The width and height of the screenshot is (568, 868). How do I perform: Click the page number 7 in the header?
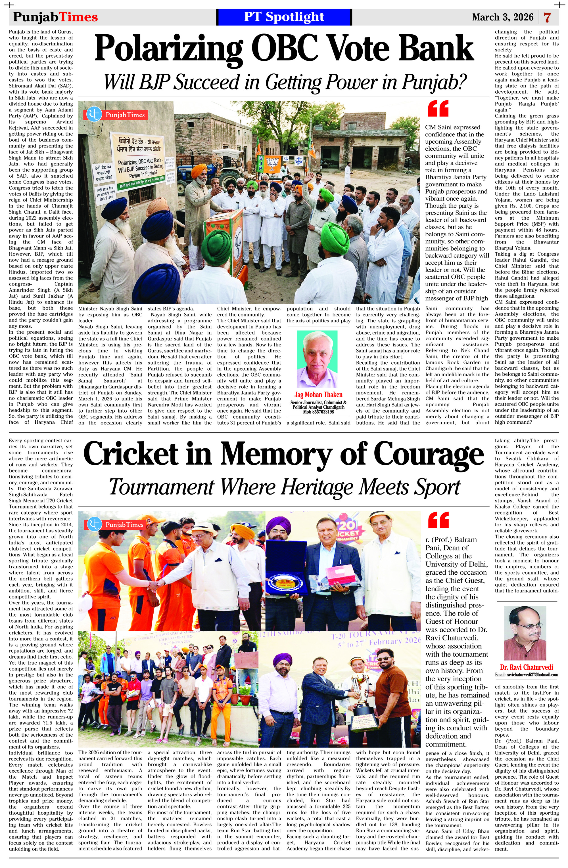coord(547,17)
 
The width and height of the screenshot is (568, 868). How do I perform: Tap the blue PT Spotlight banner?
coord(284,17)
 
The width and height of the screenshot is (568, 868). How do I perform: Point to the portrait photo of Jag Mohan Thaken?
coord(317,359)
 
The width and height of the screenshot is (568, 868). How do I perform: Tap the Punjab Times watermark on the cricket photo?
coord(115,524)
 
